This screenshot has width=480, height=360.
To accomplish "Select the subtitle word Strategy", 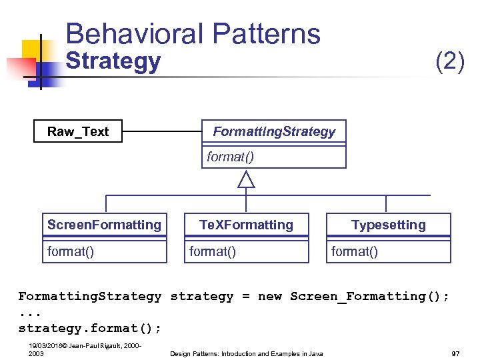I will [113, 61].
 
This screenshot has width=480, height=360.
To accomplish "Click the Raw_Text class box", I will [78, 131].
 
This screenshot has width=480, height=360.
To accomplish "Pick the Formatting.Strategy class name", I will [274, 131].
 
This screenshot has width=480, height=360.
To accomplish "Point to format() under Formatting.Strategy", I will [231, 157].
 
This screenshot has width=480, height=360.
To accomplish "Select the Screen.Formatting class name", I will [104, 225].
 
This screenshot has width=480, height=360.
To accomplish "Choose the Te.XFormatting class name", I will [247, 225].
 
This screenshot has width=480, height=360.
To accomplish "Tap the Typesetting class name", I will [388, 225].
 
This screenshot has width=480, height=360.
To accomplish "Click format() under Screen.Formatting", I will [71, 251].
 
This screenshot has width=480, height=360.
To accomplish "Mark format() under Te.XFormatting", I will [213, 251].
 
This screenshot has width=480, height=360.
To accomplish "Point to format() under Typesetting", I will [355, 251].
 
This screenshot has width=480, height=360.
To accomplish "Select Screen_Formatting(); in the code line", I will [369, 296].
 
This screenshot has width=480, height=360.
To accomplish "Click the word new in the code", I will [269, 296].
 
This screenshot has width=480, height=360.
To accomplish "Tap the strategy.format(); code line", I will [89, 328].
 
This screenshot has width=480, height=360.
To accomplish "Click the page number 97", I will [455, 353].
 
